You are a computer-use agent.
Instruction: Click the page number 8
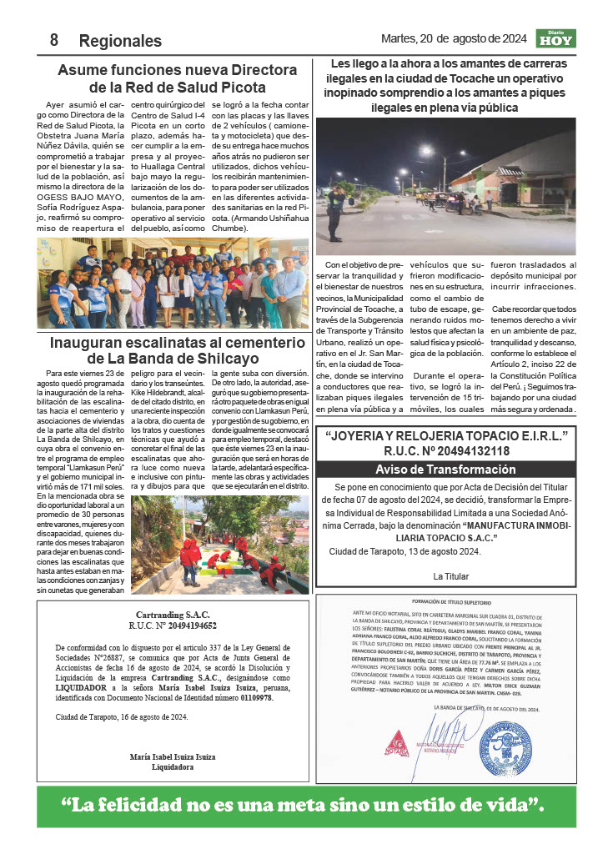[x=54, y=40]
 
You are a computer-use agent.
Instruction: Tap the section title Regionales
[x=120, y=41]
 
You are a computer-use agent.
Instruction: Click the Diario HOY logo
[x=555, y=38]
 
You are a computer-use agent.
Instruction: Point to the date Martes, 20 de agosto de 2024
[x=453, y=38]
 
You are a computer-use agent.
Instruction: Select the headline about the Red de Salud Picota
[x=177, y=78]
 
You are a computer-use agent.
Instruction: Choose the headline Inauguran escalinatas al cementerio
[x=177, y=350]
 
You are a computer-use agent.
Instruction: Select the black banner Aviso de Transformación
[x=445, y=470]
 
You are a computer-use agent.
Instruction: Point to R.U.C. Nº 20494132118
[x=445, y=451]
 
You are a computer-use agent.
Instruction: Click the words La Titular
[x=451, y=576]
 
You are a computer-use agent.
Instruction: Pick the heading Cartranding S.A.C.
[x=173, y=614]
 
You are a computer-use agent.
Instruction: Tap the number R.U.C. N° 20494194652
[x=173, y=625]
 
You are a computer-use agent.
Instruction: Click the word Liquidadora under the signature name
[x=173, y=767]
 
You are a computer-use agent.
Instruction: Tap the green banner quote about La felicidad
[x=305, y=806]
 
